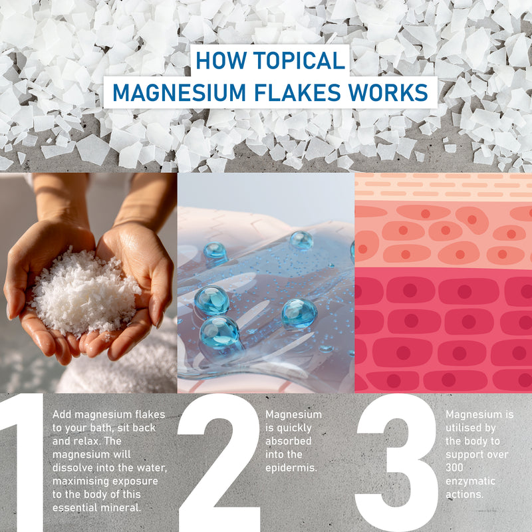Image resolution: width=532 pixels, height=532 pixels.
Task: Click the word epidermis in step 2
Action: pyautogui.click(x=291, y=468)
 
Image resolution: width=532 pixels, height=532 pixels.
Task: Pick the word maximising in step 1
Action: pyautogui.click(x=80, y=481)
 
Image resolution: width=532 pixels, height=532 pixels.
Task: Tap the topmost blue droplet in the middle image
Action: pyautogui.click(x=301, y=240)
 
